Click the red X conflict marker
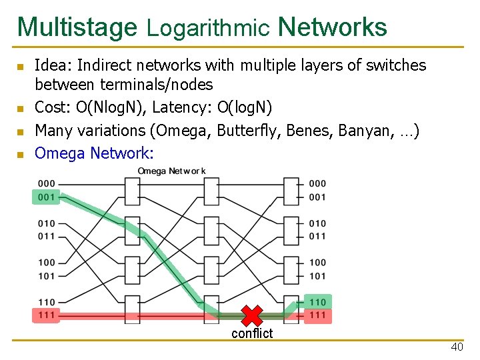[251, 315]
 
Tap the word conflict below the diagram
[252, 333]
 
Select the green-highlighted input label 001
[47, 197]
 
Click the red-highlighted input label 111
[47, 315]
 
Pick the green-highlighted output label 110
[318, 302]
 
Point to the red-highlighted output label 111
[318, 315]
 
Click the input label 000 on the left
[47, 183]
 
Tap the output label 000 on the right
[318, 183]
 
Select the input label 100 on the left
[47, 263]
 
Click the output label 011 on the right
[318, 236]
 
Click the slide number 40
[457, 347]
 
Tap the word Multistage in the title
[77, 27]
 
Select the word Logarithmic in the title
[208, 28]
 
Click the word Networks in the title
[332, 27]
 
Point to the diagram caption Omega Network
[171, 171]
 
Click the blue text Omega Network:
[94, 153]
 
